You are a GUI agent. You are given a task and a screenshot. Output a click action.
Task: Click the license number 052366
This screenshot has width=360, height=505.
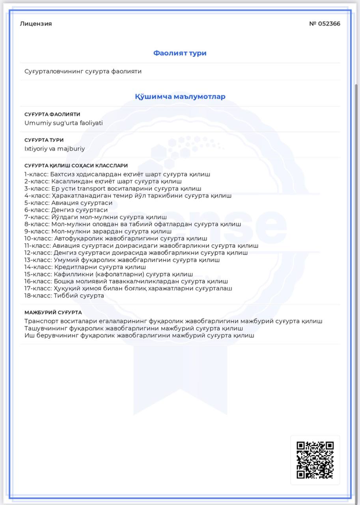325,24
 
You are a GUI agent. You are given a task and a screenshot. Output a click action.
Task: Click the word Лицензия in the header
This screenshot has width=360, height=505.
36,24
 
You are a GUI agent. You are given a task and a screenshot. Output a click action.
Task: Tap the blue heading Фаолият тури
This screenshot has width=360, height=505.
180,53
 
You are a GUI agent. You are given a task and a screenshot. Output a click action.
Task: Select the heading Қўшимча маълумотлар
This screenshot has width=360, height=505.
180,97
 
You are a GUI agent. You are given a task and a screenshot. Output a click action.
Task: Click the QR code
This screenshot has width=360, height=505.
315,460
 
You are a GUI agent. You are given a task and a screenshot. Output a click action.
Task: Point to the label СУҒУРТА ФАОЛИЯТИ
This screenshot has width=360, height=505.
52,114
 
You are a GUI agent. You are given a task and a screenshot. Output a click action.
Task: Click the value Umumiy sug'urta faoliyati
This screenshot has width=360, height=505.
63,123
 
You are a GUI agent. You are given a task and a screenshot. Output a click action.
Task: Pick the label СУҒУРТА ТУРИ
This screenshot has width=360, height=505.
44,140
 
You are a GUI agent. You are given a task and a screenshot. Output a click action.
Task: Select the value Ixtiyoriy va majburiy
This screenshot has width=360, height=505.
54,149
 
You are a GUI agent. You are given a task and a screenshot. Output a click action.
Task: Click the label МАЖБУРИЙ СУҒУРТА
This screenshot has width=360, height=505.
53,312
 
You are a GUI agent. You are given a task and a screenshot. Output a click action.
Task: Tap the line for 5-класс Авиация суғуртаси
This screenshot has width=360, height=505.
68,203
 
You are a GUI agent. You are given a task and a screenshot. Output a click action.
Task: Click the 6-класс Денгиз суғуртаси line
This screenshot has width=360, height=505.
66,210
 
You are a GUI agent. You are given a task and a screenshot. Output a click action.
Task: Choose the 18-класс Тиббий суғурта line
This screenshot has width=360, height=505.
64,296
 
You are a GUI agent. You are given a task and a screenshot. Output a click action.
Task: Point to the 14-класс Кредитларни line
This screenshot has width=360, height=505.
85,267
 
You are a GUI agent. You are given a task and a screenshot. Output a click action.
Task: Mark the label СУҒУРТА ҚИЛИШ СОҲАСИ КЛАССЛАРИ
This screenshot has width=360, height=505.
76,166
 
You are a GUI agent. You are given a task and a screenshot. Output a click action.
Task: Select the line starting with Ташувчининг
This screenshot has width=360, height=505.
133,328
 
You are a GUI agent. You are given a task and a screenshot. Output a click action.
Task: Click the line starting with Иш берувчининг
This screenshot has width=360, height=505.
139,335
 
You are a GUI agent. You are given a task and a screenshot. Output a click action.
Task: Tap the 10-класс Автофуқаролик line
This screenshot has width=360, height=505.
116,238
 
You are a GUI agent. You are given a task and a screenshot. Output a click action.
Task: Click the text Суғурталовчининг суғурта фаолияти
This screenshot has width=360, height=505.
83,71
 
